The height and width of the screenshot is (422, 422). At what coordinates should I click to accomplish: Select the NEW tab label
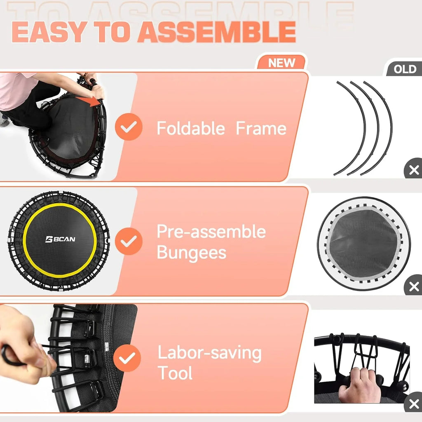(282, 63)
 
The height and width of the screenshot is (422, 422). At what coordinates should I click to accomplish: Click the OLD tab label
(405, 69)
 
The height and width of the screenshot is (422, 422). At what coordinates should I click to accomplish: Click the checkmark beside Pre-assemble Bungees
(129, 241)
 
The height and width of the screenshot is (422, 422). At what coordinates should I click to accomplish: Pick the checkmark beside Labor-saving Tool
(127, 358)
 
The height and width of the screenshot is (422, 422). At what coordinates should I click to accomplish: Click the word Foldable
(191, 128)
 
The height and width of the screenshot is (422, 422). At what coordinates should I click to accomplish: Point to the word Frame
(261, 128)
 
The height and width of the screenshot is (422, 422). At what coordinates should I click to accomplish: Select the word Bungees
(191, 252)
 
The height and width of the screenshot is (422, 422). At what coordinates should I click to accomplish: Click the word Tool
(175, 373)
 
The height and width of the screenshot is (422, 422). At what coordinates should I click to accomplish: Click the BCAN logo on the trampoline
(60, 239)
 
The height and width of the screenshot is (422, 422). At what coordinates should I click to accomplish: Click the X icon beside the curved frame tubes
(413, 170)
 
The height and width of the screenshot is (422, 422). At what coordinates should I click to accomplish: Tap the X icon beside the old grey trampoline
(413, 286)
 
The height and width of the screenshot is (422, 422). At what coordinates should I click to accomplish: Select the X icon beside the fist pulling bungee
(413, 404)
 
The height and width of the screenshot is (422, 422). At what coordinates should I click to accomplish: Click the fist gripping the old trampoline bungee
(360, 385)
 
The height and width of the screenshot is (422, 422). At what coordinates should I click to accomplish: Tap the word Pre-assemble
(211, 232)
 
